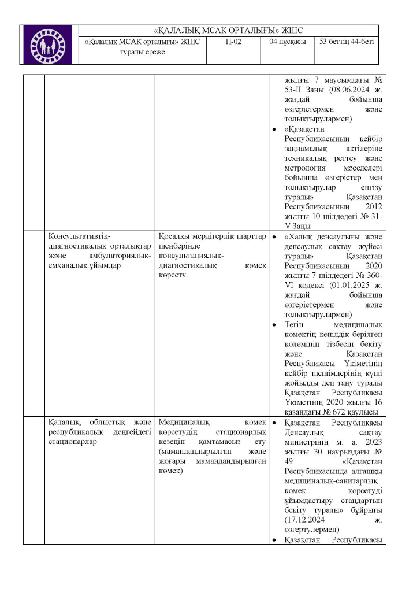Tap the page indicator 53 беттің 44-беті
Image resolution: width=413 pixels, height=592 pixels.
[346, 42]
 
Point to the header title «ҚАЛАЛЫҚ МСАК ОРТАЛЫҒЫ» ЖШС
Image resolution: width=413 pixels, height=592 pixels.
[229, 30]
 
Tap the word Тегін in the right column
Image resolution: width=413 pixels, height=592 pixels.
[296, 324]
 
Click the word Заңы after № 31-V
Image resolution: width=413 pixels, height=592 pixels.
[299, 225]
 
